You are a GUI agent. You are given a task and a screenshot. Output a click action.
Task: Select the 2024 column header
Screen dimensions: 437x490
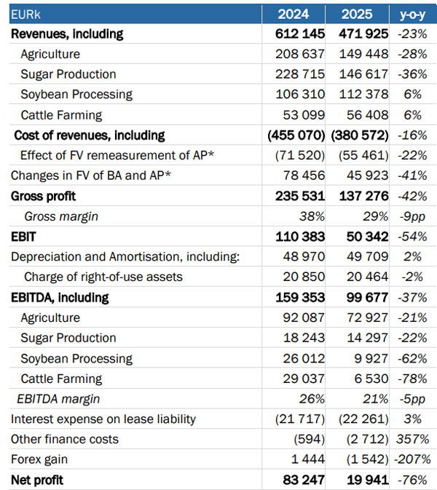click(294, 15)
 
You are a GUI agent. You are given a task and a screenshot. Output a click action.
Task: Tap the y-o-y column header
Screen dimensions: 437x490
click(413, 15)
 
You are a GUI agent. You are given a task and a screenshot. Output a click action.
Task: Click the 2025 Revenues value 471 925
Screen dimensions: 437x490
click(363, 33)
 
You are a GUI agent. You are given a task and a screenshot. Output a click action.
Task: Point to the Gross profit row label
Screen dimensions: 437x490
click(43, 197)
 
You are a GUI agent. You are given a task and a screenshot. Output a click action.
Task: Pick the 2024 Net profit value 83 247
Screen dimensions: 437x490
click(304, 480)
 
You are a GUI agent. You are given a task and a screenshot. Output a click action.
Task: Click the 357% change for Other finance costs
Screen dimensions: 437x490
click(413, 439)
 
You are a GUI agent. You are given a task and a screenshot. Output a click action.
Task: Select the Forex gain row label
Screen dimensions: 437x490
click(39, 459)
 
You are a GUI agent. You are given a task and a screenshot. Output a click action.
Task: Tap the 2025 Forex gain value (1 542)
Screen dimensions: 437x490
click(367, 459)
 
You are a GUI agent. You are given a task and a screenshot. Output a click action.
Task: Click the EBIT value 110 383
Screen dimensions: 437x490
click(300, 237)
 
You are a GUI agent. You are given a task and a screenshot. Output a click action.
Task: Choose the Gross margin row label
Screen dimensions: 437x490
click(61, 216)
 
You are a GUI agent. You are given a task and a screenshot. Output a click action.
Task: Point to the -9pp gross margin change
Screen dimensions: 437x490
click(413, 216)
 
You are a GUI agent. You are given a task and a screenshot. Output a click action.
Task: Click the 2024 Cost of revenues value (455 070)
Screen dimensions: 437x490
click(296, 135)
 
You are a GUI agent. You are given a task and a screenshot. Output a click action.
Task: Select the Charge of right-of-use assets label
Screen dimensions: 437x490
click(103, 277)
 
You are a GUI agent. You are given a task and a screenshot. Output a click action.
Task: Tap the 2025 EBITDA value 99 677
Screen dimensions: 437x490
click(367, 297)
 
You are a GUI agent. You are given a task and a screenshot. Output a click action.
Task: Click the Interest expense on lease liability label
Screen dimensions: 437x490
click(103, 419)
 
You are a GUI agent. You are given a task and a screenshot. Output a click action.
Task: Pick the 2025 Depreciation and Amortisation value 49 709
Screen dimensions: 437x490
click(367, 256)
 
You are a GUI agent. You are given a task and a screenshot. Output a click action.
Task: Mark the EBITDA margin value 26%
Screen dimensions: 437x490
click(312, 399)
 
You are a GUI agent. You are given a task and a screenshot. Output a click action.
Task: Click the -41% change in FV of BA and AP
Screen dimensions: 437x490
click(413, 175)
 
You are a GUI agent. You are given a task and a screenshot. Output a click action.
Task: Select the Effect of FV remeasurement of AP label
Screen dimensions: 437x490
click(117, 155)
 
